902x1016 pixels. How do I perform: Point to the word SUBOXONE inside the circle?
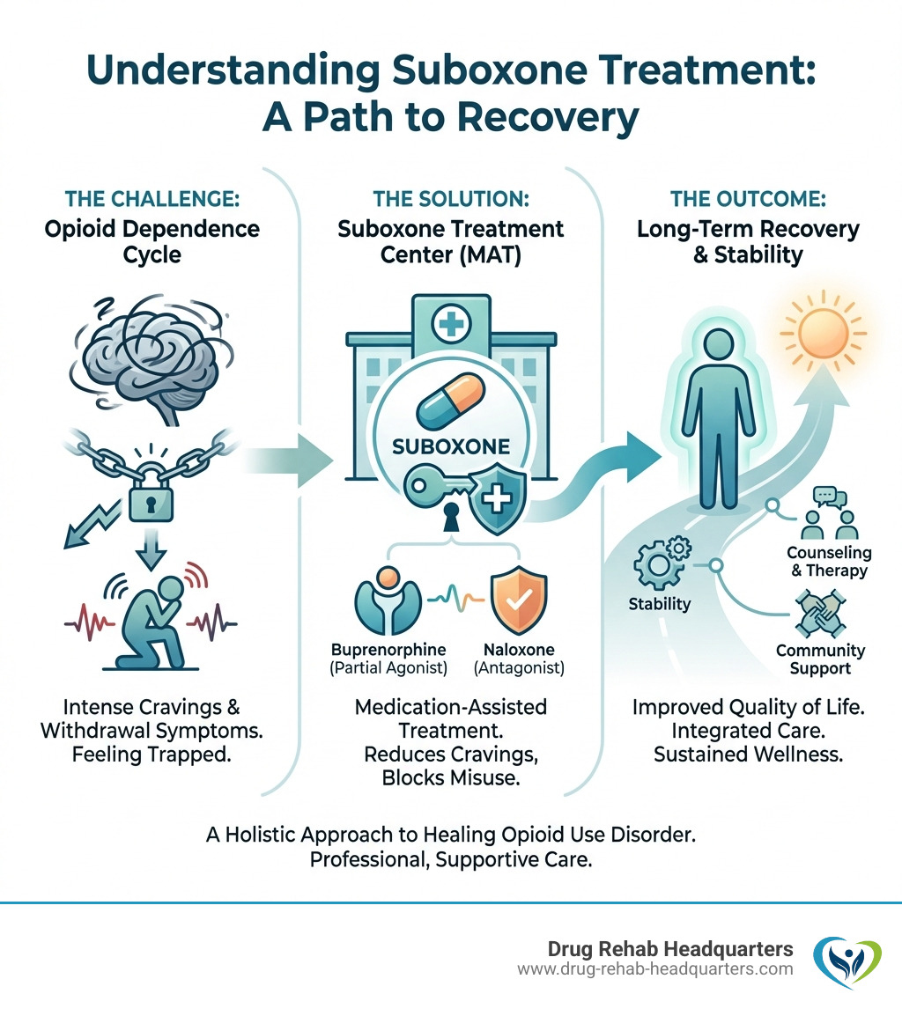coord(452,446)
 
